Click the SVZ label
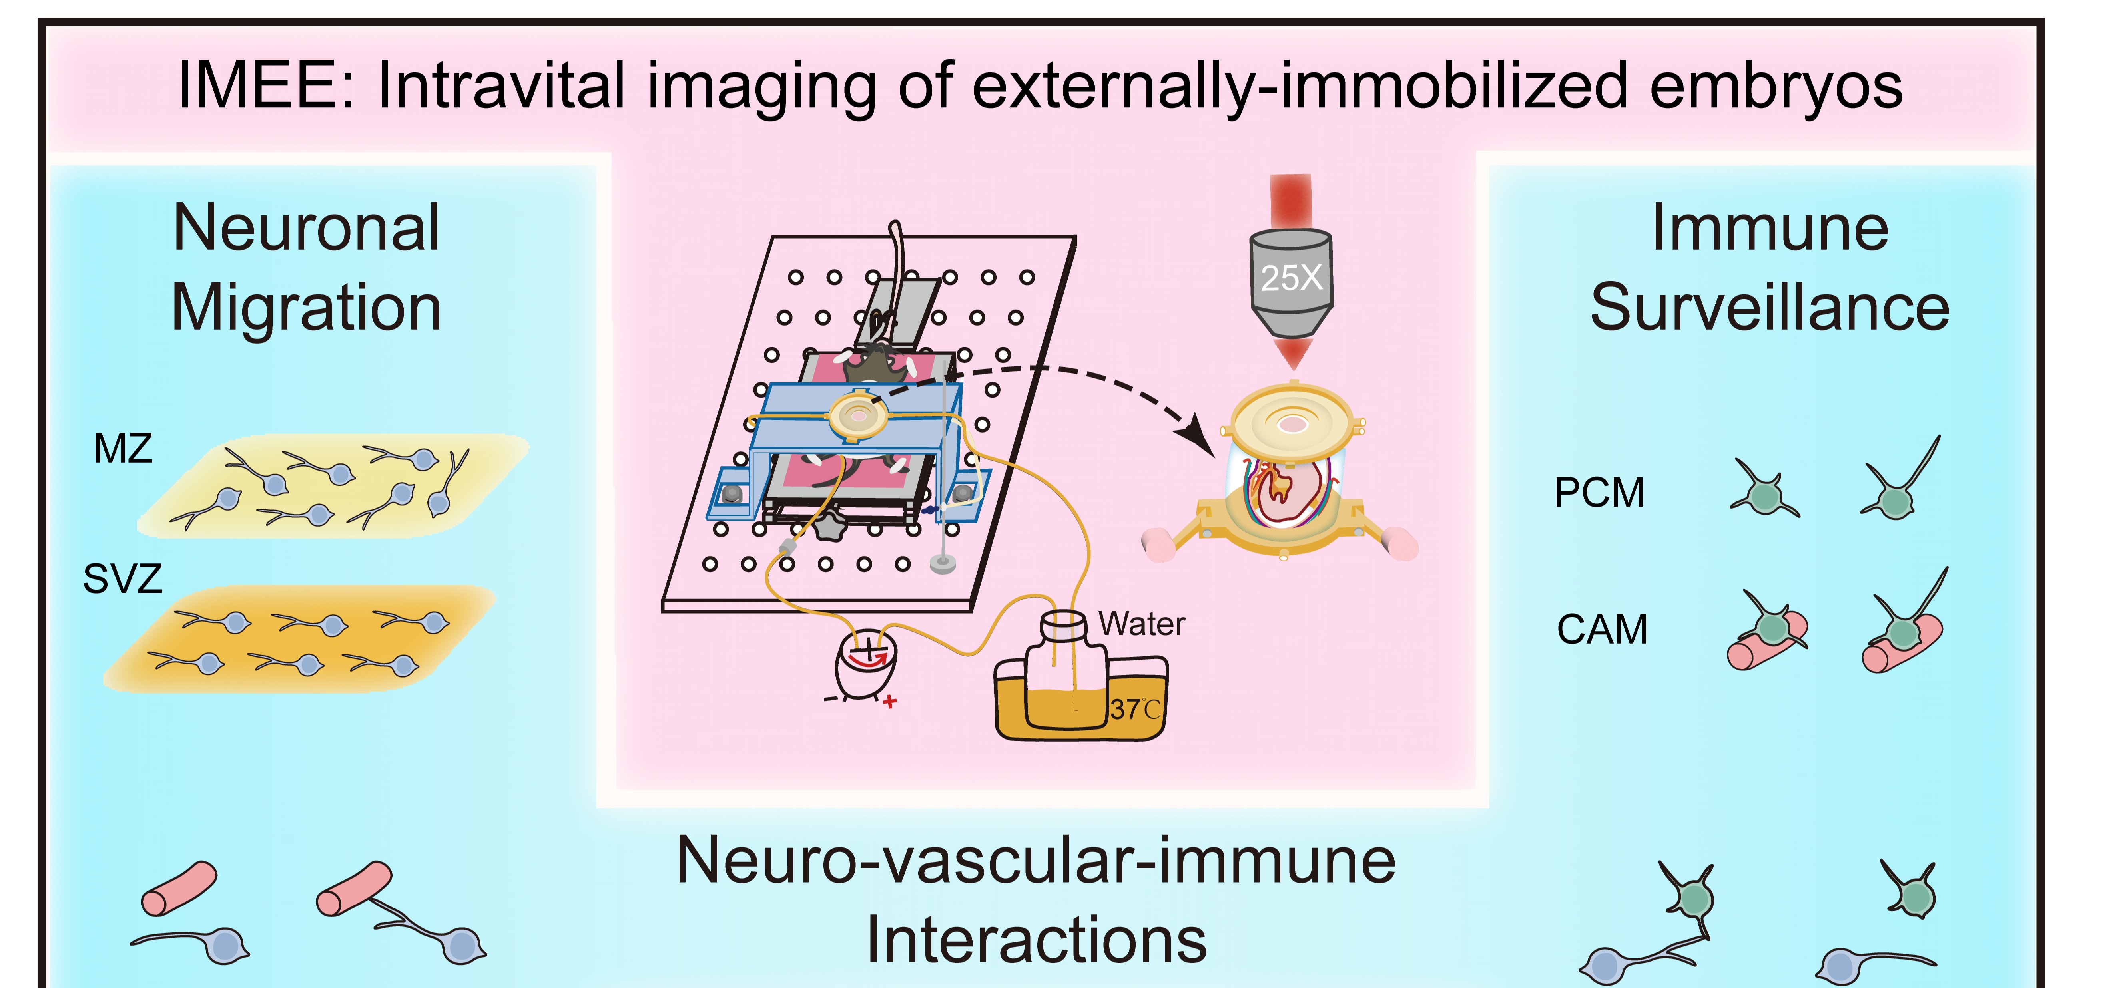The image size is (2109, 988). pyautogui.click(x=123, y=579)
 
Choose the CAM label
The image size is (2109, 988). pyautogui.click(x=1601, y=630)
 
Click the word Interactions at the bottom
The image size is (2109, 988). pyautogui.click(x=1037, y=940)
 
